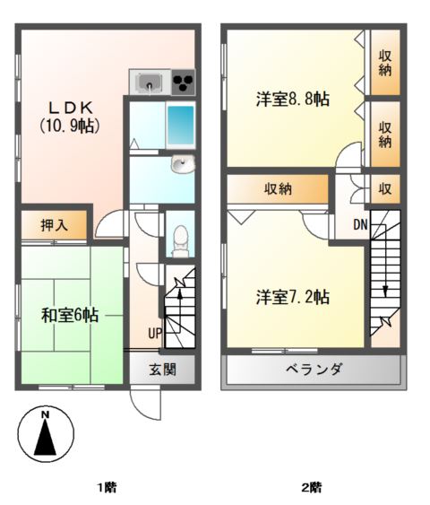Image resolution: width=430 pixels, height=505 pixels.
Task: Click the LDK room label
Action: click(x=71, y=108)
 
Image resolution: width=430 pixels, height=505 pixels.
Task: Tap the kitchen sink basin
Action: click(x=150, y=82)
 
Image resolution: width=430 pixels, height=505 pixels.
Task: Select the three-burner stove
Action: click(x=184, y=83)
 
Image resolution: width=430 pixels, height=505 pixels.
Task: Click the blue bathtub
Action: click(x=180, y=126)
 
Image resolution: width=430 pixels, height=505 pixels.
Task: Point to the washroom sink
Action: click(x=183, y=164)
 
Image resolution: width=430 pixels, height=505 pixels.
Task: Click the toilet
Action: click(x=180, y=240)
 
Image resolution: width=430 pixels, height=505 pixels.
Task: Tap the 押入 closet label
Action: click(x=55, y=225)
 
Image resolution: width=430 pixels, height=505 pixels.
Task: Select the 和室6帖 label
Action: click(x=70, y=316)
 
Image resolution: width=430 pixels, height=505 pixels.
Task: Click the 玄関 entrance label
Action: click(x=162, y=370)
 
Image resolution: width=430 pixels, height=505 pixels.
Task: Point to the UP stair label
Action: click(x=155, y=334)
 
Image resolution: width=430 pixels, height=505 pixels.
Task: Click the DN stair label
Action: click(x=360, y=224)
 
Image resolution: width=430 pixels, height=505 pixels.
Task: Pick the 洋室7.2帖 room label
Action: click(x=293, y=297)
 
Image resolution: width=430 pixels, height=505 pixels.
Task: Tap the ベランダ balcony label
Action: click(x=314, y=369)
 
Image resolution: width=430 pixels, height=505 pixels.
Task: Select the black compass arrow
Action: click(x=46, y=438)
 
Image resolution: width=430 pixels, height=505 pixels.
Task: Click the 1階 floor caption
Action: click(x=107, y=487)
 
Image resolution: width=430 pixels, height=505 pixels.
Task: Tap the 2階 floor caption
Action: click(x=312, y=487)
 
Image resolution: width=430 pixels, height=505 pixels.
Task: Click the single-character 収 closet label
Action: click(x=384, y=189)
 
